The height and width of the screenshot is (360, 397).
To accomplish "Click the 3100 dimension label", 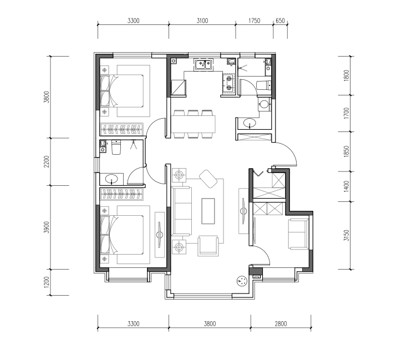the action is [x=202, y=21].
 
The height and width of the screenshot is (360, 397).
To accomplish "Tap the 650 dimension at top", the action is [x=280, y=21].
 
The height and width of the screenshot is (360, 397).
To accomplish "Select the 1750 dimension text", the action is [x=254, y=21].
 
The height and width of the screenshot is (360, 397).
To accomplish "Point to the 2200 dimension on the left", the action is [x=47, y=161].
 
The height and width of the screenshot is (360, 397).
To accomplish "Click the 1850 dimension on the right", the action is [x=347, y=151].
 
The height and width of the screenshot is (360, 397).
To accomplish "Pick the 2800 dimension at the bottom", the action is [x=281, y=324].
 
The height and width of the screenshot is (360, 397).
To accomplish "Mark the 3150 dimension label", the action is [x=347, y=235].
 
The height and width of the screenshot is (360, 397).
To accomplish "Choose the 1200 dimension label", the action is [x=47, y=282].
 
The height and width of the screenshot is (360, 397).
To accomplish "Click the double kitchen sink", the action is [x=203, y=64].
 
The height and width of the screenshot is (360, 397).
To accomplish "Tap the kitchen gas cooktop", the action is [x=228, y=83].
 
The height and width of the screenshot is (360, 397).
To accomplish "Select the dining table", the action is [x=193, y=124].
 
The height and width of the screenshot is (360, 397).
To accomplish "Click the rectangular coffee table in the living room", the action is [x=208, y=211].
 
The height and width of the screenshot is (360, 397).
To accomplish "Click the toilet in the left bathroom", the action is [x=116, y=147].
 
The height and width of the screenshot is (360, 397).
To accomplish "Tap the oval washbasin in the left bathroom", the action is [x=111, y=179].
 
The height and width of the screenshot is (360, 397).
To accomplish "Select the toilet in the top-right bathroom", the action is [x=263, y=85].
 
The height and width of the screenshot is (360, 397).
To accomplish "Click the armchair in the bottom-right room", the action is [x=298, y=234].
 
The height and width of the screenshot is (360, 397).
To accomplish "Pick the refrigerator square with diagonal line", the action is [x=179, y=88].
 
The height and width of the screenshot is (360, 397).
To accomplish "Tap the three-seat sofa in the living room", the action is [x=181, y=211].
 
